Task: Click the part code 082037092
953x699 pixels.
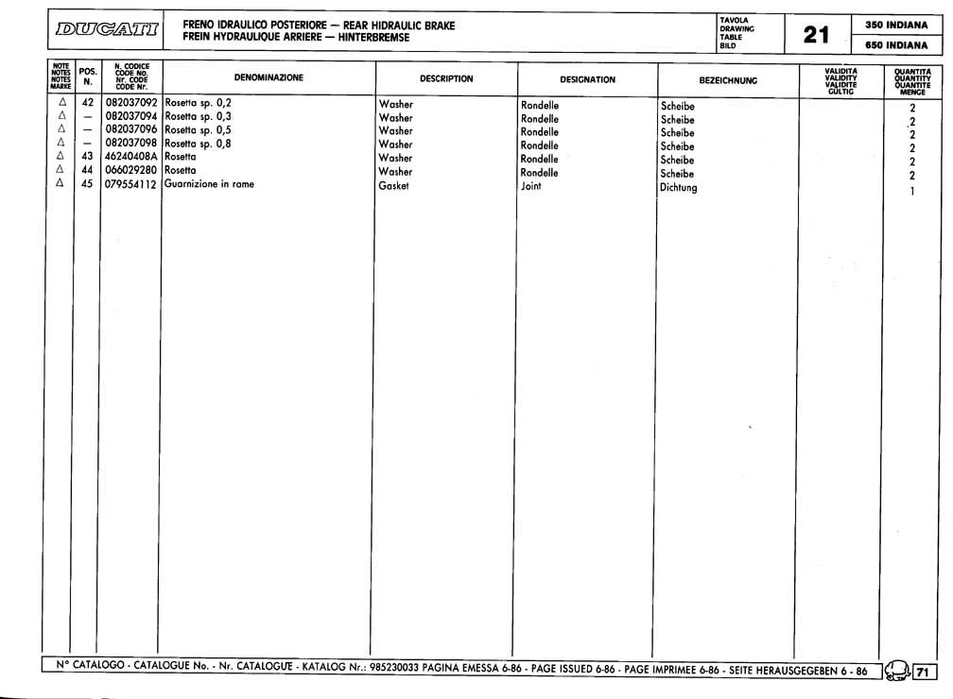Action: (132, 101)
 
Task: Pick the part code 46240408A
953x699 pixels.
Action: (132, 156)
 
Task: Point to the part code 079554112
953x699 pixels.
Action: (132, 184)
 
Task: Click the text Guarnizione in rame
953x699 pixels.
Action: (209, 184)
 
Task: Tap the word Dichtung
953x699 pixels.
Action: (678, 188)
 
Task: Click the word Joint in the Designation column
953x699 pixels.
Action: (531, 187)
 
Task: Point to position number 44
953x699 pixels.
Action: (86, 170)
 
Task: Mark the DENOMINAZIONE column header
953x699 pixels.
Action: (269, 77)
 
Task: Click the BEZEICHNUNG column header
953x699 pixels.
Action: (728, 81)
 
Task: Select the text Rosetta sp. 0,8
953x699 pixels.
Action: (199, 143)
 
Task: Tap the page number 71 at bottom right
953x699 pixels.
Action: (923, 673)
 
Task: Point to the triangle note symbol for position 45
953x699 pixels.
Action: (61, 184)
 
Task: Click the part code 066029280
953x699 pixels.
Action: (132, 170)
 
